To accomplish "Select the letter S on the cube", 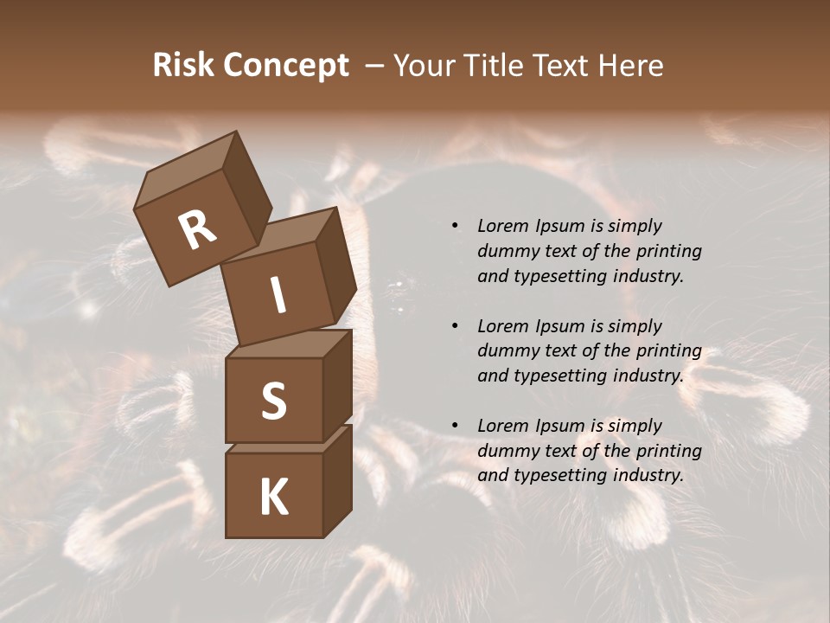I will tap(273, 401).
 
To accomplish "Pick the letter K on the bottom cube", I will tap(273, 498).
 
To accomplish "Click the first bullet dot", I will tap(455, 226).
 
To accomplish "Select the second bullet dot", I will tap(455, 326).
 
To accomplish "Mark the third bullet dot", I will tap(455, 426).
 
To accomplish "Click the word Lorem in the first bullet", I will tap(502, 226).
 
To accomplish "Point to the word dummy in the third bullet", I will tap(506, 451).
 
